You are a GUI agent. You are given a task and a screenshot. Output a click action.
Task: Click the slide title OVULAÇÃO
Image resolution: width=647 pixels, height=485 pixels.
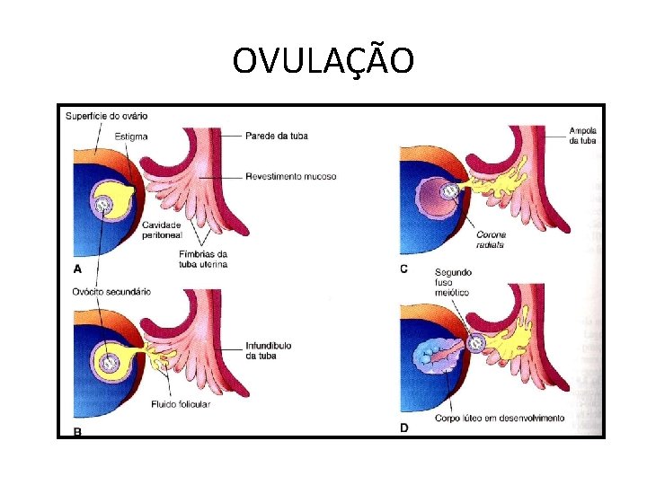click(x=323, y=61)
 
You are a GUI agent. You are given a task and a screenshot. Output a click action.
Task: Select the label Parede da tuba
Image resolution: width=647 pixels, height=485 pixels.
click(x=277, y=137)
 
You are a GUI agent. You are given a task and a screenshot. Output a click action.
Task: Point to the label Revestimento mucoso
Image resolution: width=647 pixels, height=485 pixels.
click(x=290, y=177)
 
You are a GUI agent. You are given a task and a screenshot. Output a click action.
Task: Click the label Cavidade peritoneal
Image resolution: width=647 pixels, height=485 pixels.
click(x=162, y=229)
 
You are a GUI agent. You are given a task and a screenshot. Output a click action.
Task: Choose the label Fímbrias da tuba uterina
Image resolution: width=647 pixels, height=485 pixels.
click(x=202, y=259)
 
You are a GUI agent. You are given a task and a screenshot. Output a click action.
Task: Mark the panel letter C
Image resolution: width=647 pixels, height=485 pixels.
click(x=403, y=268)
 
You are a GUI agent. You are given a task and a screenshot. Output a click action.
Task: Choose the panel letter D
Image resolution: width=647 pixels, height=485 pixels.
click(x=404, y=428)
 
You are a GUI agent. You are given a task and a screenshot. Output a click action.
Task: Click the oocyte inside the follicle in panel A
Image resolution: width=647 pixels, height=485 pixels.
click(x=105, y=206)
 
